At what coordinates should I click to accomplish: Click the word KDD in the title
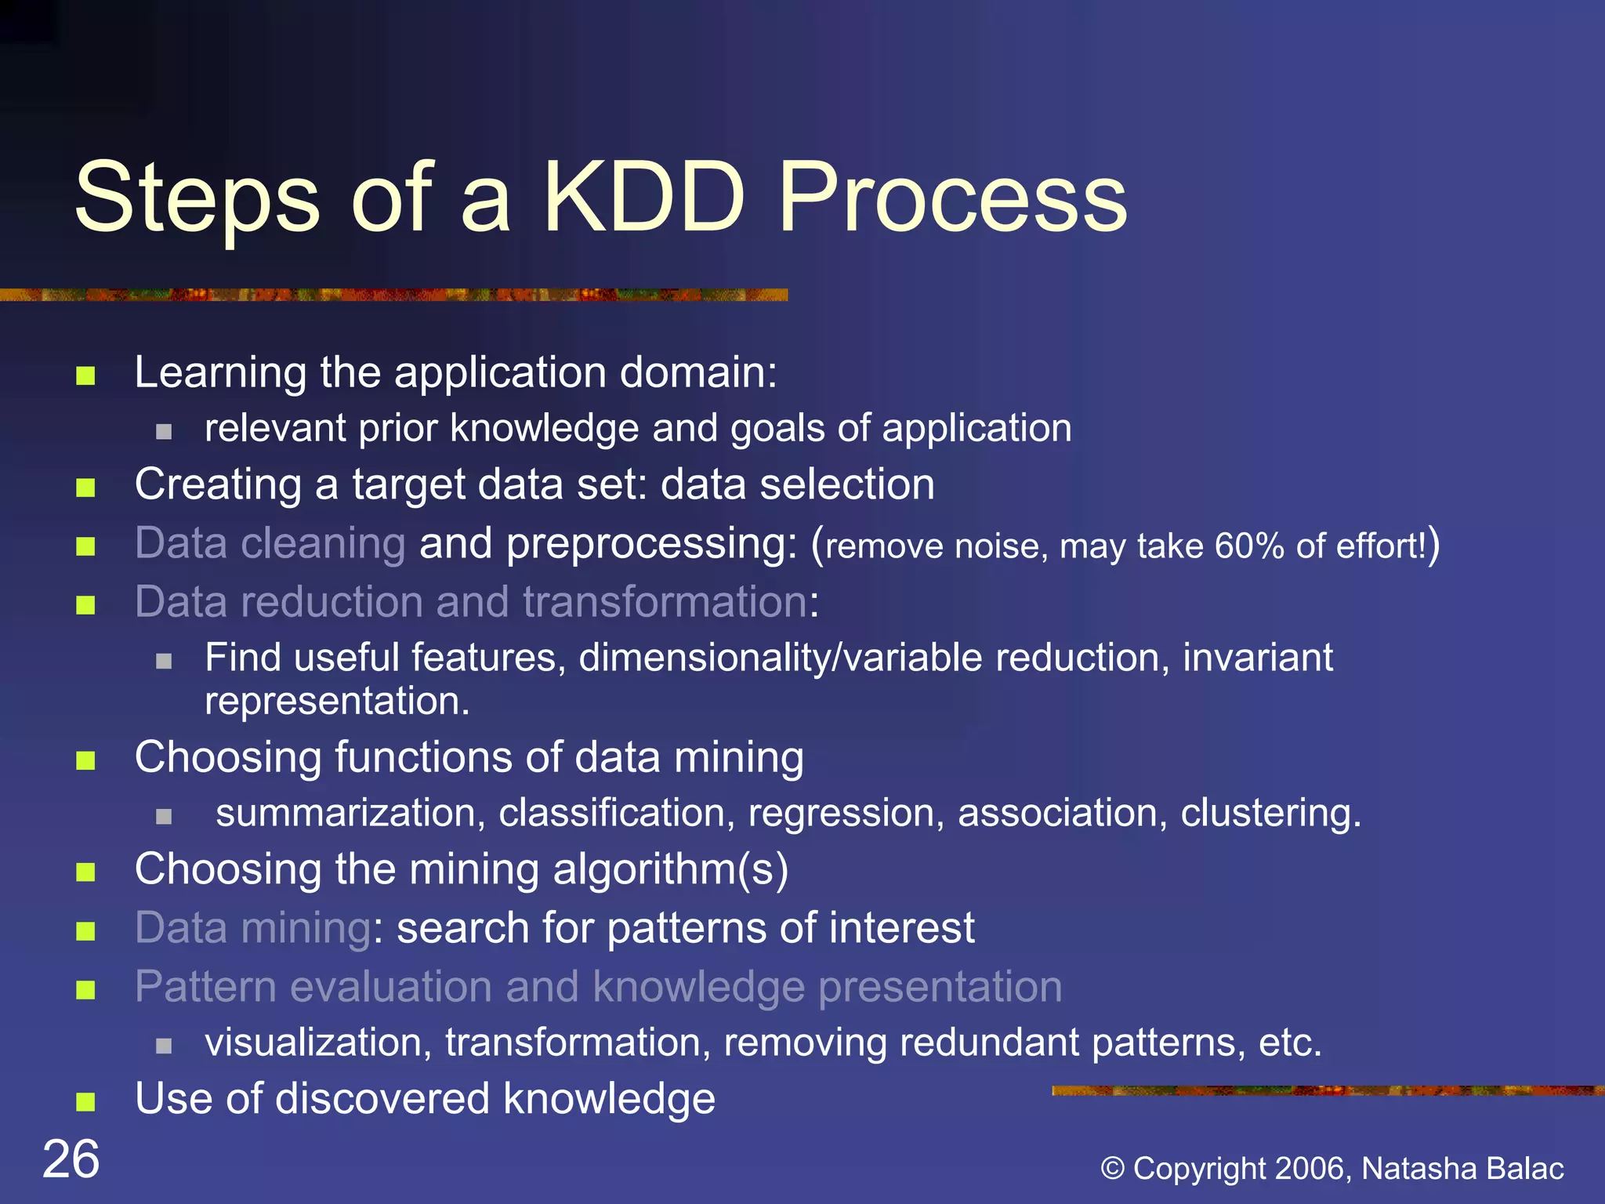(x=643, y=198)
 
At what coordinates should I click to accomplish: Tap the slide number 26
(x=71, y=1159)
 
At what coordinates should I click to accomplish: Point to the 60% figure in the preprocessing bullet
(x=1249, y=546)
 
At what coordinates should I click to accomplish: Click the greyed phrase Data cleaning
(x=270, y=543)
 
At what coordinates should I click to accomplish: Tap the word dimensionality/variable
(x=780, y=658)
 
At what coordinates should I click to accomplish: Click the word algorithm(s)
(x=670, y=870)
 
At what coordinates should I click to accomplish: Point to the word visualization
(x=317, y=1043)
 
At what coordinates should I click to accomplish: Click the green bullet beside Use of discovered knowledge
(x=85, y=1102)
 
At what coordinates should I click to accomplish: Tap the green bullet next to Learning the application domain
(x=85, y=376)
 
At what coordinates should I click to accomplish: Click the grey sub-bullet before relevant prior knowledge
(x=163, y=432)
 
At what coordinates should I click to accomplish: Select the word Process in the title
(x=951, y=198)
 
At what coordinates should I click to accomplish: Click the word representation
(x=336, y=701)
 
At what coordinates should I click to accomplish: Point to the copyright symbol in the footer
(x=1112, y=1169)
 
